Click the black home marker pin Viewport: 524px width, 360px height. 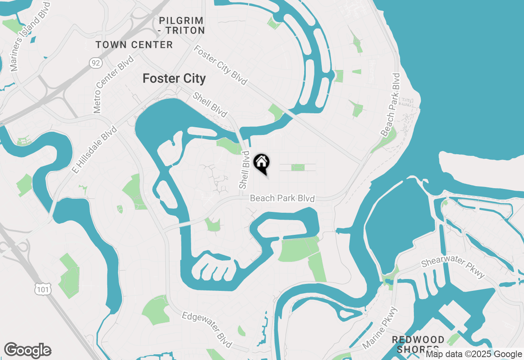click(x=262, y=163)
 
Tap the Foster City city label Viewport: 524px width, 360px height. click(x=174, y=79)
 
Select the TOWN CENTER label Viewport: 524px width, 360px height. click(x=134, y=45)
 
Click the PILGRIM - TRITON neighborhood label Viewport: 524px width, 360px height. click(x=182, y=25)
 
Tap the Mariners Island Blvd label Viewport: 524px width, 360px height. click(x=30, y=36)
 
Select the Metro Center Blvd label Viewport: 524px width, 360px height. click(x=114, y=84)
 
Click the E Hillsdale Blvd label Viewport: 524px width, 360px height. click(x=94, y=150)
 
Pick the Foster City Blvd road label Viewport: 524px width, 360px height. click(x=221, y=65)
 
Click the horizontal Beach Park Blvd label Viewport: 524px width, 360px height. click(x=282, y=198)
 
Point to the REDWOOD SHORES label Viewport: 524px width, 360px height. click(x=418, y=344)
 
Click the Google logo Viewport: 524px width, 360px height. click(x=27, y=351)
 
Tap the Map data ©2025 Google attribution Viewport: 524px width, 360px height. click(x=474, y=354)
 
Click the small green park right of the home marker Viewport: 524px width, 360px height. click(x=298, y=167)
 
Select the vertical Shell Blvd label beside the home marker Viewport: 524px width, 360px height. click(x=245, y=170)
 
